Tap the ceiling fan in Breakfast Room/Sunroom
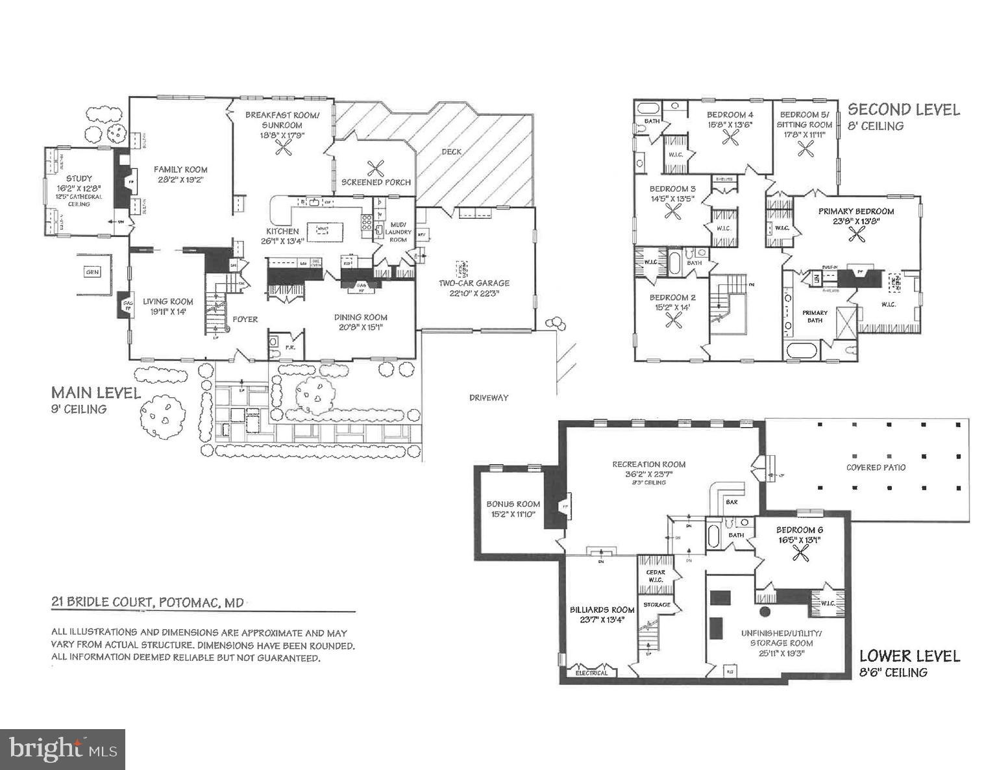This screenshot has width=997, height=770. click(283, 147)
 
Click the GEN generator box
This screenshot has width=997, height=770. click(92, 272)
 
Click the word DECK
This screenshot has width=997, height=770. click(452, 152)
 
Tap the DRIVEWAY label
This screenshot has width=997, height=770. click(489, 397)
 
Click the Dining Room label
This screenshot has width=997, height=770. click(361, 317)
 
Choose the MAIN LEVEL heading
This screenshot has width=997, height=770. click(95, 393)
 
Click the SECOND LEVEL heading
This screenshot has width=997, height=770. click(904, 110)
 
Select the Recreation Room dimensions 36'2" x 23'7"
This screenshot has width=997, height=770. click(649, 474)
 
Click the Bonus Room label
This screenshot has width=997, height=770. click(513, 504)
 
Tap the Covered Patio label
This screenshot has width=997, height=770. click(876, 467)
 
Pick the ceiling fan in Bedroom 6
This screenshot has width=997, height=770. click(802, 553)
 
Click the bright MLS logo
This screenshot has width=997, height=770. click(62, 750)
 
